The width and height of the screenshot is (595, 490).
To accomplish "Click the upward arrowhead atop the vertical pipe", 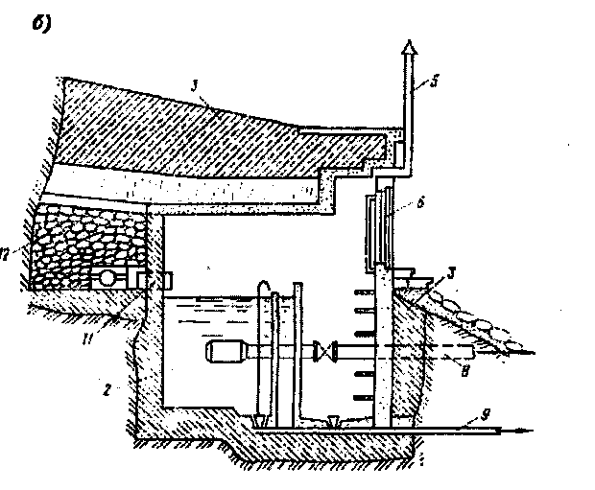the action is tap(409, 48).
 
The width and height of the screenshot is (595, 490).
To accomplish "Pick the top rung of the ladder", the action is tap(365, 291).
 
